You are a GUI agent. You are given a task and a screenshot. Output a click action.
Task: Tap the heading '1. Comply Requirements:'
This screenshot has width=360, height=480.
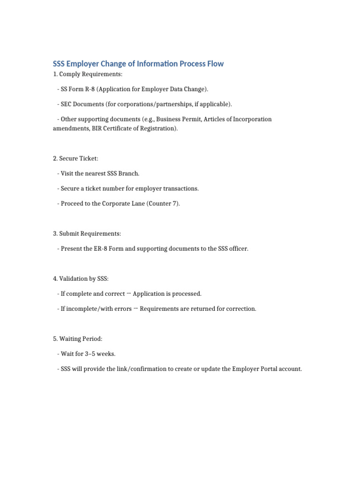coord(88,74)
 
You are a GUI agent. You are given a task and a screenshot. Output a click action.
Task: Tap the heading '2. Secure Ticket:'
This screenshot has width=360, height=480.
coord(75,158)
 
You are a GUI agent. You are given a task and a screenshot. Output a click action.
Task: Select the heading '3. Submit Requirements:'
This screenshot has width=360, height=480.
coord(87,233)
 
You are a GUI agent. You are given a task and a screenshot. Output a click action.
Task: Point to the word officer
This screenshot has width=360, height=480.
coord(238,248)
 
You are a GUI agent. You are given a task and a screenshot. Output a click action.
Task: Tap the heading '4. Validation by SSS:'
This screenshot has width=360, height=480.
coord(81,278)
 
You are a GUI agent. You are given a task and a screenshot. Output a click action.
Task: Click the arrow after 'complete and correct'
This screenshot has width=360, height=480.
coord(128,293)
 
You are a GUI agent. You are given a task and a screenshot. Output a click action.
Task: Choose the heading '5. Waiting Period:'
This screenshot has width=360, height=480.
coord(77,338)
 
